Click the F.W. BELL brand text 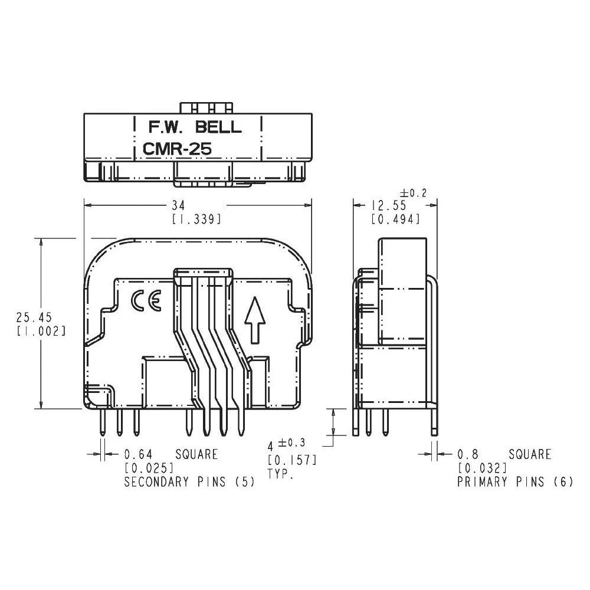[194, 126]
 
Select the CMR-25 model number [176, 150]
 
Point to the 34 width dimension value [178, 205]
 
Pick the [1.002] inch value [38, 331]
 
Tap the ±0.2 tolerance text [412, 193]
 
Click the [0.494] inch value [395, 219]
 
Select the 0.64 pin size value [138, 454]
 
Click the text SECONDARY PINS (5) [189, 482]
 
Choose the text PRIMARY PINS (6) [514, 482]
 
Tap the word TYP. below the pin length [280, 473]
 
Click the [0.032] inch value [482, 468]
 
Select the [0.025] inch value [149, 468]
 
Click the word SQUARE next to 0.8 [530, 454]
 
